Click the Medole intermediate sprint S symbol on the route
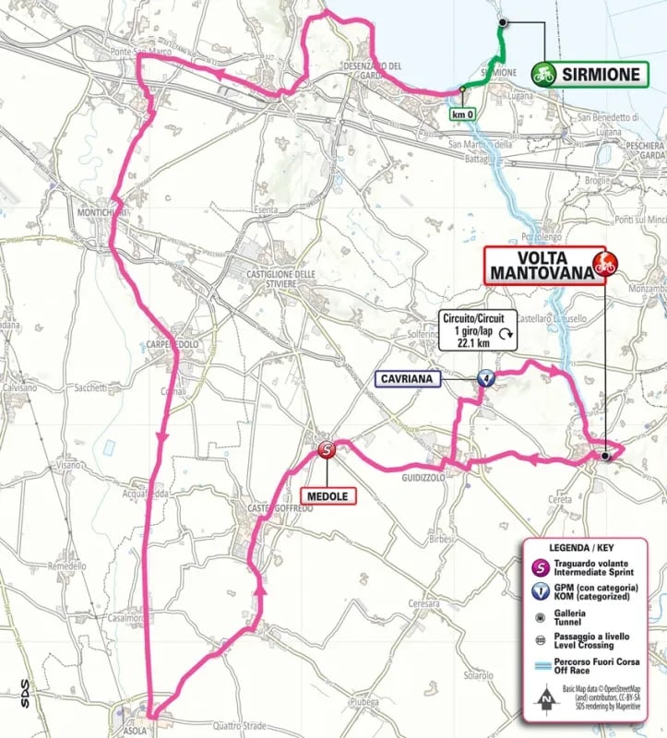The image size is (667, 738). (327, 450)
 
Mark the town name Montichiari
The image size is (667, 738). (96, 213)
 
